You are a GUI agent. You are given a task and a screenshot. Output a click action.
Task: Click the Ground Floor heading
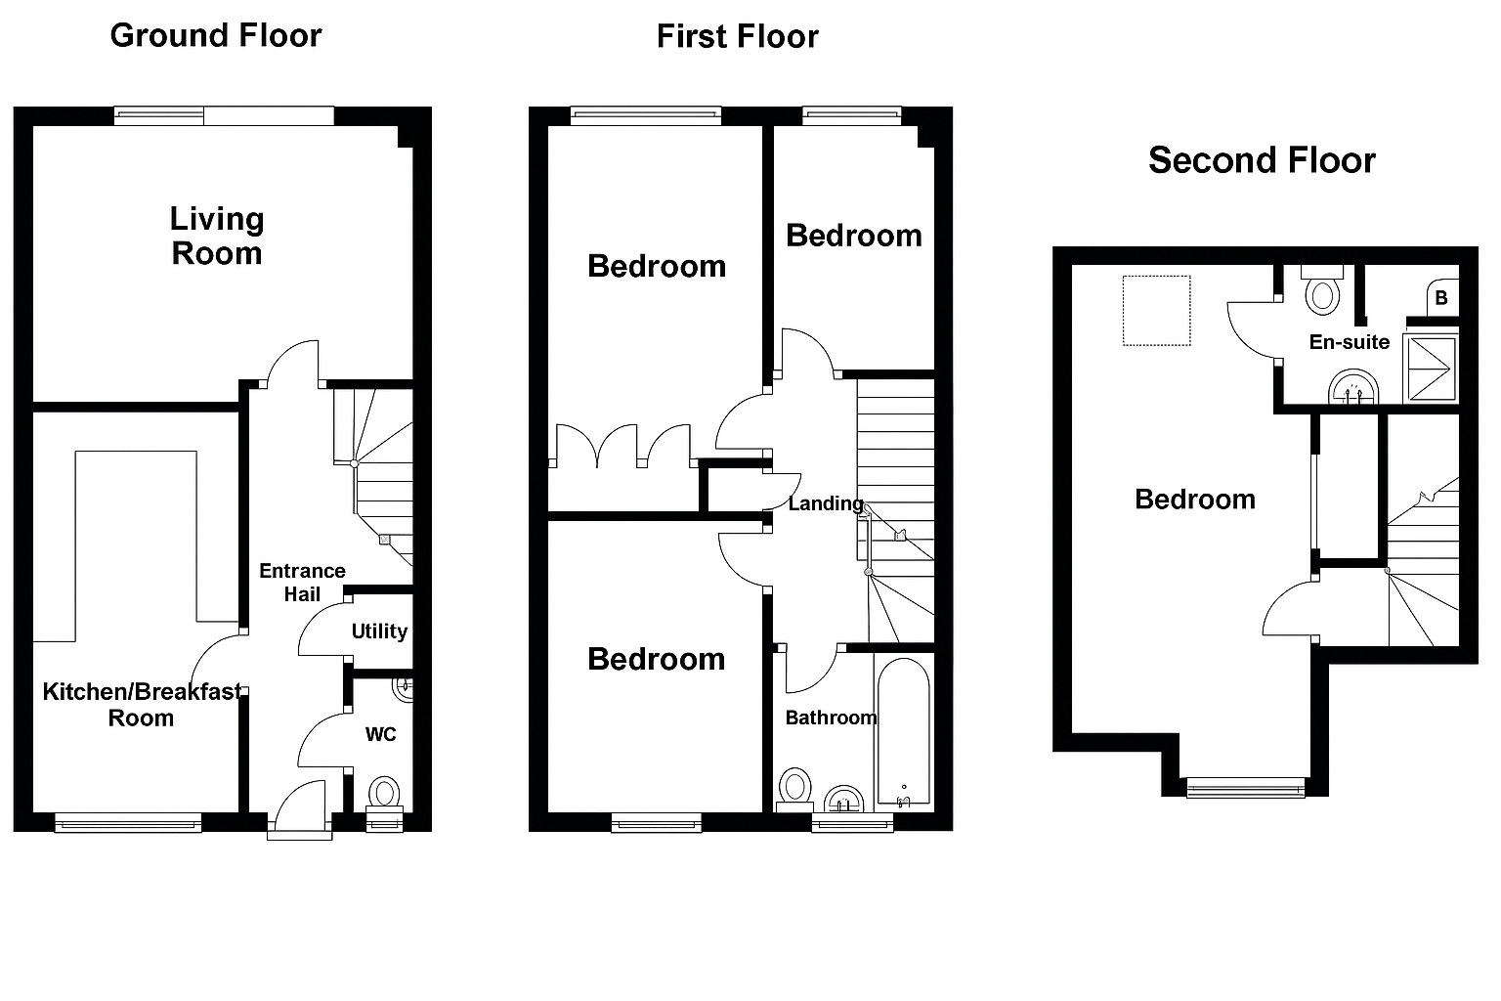tap(216, 35)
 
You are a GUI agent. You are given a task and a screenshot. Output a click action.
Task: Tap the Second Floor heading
tap(1262, 160)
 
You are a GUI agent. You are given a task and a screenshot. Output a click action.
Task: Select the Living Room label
tap(217, 236)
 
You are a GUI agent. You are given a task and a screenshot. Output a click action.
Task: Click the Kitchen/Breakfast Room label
tap(142, 705)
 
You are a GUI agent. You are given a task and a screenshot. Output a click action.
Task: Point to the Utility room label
tap(379, 631)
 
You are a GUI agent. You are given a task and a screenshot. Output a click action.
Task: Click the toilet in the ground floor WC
tap(384, 793)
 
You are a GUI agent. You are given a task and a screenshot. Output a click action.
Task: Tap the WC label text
tap(381, 734)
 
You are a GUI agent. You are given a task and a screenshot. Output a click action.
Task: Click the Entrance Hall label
tap(302, 583)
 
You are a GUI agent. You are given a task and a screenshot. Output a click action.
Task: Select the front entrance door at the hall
tap(300, 811)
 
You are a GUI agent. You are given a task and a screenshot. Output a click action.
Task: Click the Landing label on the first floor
tap(826, 503)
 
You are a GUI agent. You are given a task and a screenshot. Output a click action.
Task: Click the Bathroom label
tap(831, 718)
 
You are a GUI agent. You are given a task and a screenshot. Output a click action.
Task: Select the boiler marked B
tap(1441, 298)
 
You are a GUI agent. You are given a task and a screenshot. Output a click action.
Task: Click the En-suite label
tap(1350, 342)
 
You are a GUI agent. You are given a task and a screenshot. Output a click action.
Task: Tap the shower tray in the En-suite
tap(1431, 369)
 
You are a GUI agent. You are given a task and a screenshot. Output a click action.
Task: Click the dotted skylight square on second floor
tap(1156, 311)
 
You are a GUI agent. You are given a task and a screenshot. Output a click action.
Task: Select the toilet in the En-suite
tap(1322, 289)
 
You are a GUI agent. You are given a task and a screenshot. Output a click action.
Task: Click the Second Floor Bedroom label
tap(1194, 500)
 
